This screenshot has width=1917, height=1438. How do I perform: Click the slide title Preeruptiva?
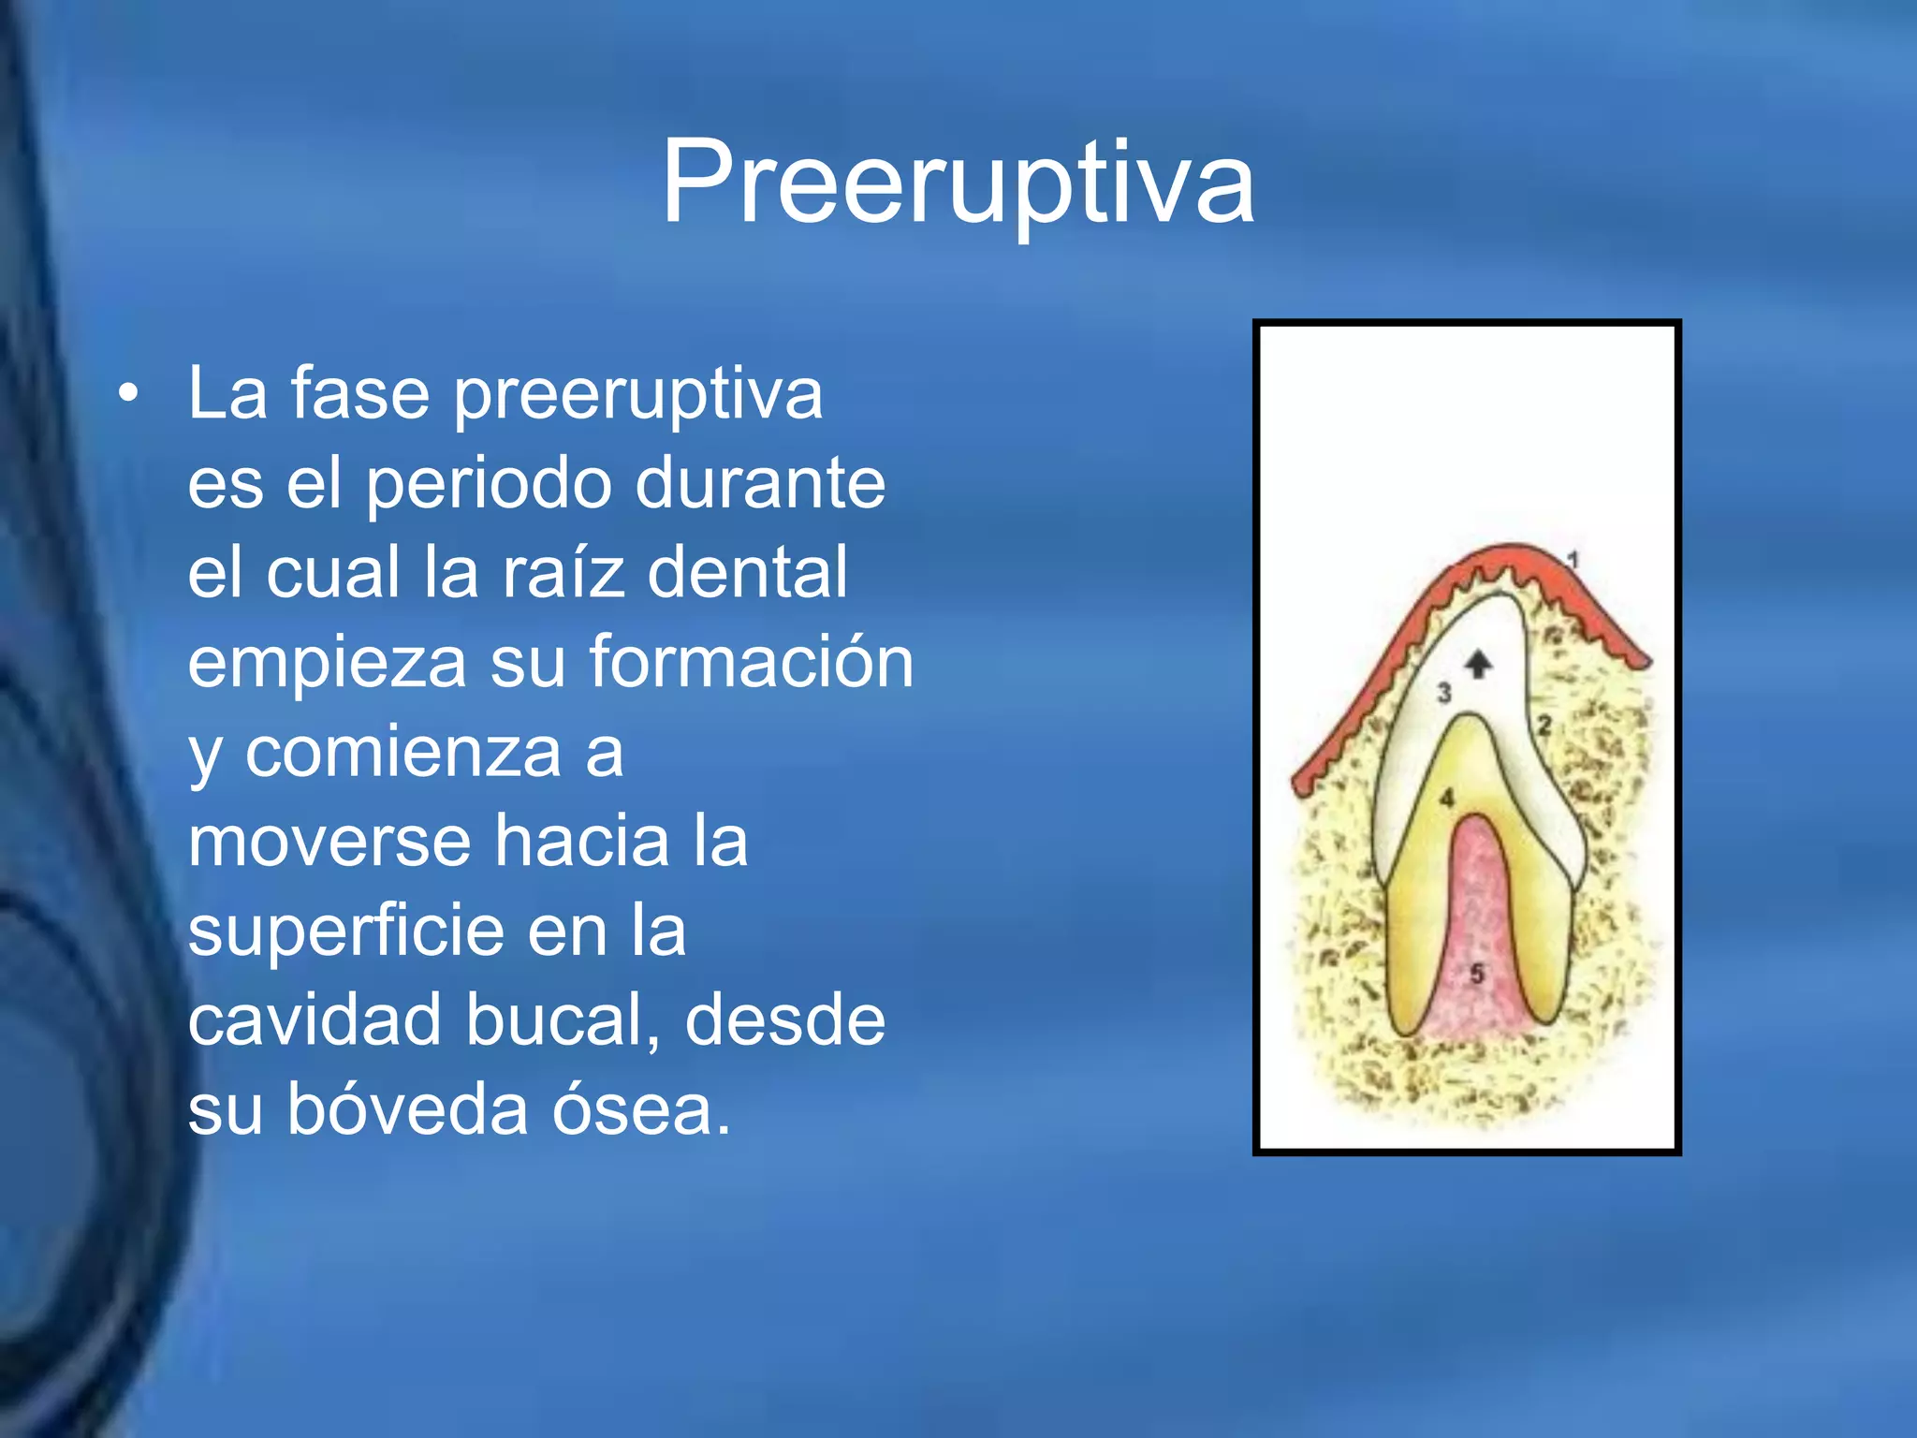pos(957,183)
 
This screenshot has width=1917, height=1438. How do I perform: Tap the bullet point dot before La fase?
pos(129,394)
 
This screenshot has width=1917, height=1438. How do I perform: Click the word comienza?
pos(402,752)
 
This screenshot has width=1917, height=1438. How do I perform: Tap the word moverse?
pos(329,841)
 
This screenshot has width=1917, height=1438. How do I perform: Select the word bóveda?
pos(407,1109)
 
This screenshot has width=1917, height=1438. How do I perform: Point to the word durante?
pos(759,484)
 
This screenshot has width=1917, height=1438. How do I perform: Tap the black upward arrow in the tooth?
pos(1478,664)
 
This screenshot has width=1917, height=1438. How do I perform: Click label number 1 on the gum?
pos(1573,560)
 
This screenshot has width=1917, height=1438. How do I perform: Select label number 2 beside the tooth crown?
pos(1544,725)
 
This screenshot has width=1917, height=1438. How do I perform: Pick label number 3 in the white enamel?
pos(1444,693)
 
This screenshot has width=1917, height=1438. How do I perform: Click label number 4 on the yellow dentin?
pos(1447,799)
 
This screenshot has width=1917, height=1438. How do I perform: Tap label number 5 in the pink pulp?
pos(1477,974)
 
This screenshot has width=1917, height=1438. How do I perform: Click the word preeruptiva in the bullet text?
pos(638,394)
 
